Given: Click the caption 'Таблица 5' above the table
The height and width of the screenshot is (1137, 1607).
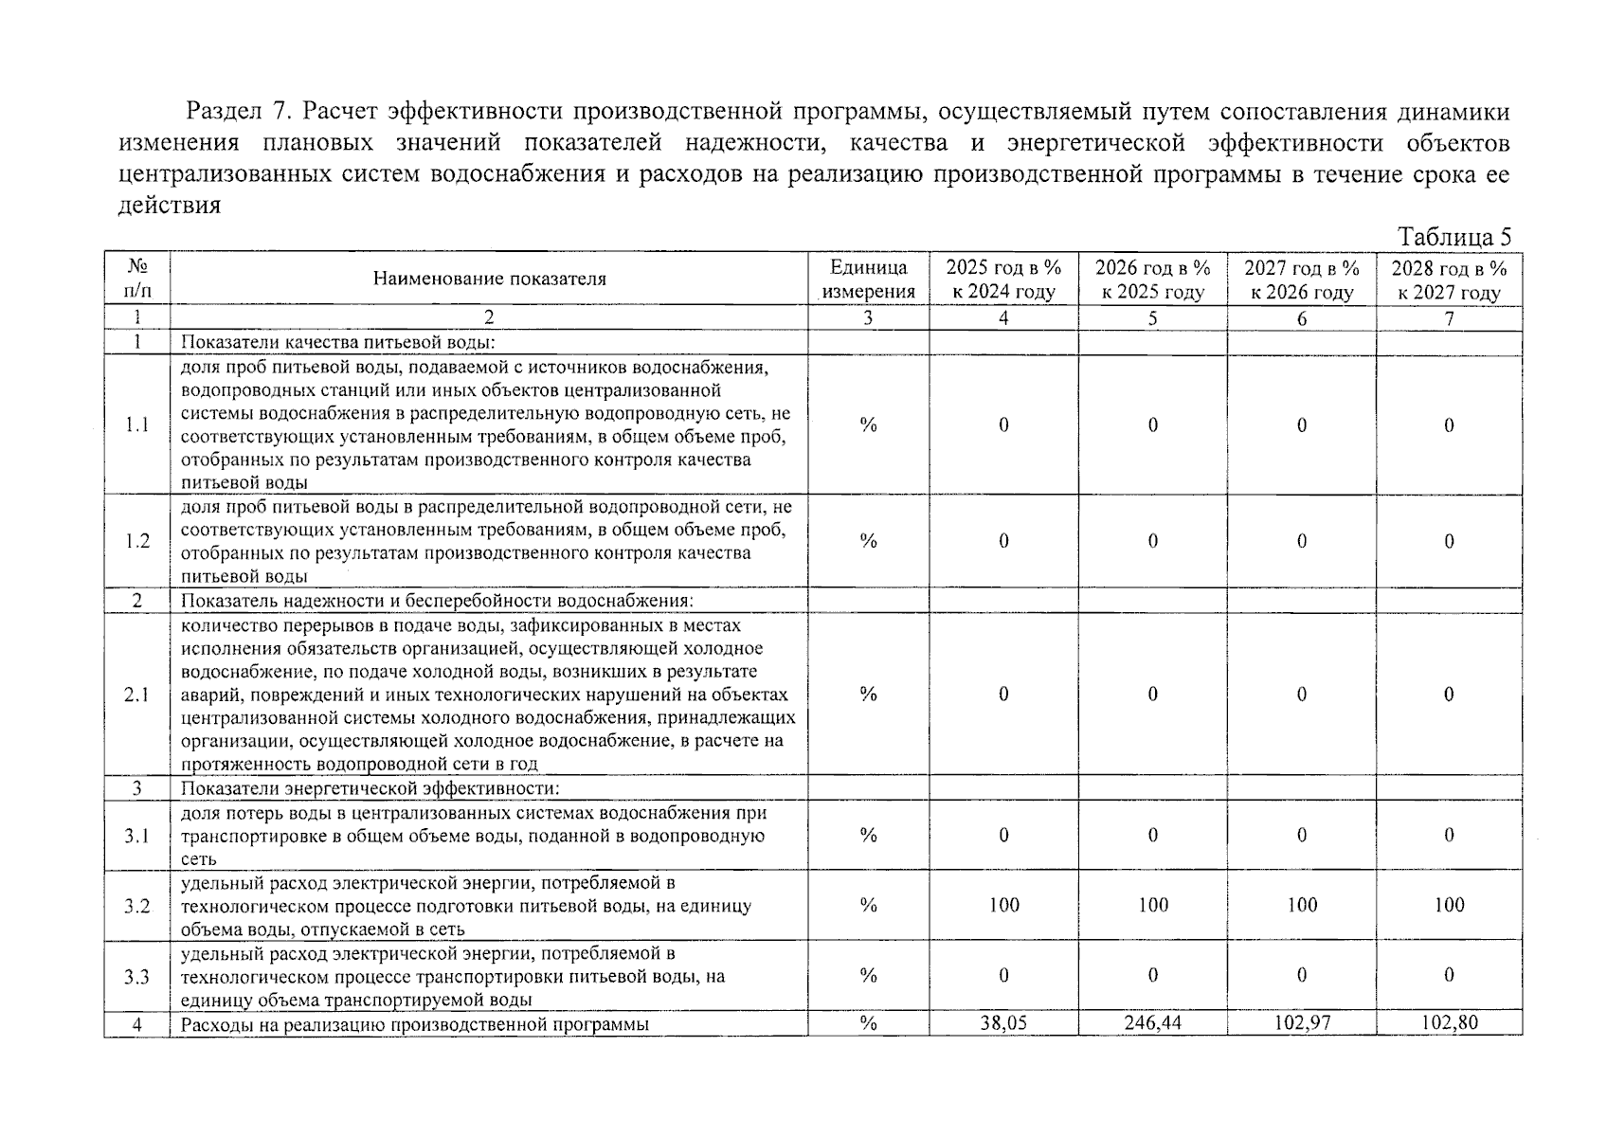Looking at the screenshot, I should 1454,237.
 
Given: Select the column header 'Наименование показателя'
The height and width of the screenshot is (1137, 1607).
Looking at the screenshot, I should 489,279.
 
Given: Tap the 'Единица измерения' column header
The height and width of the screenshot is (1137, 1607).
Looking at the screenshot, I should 868,280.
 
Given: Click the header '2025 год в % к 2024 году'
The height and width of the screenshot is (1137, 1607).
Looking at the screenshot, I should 1003,280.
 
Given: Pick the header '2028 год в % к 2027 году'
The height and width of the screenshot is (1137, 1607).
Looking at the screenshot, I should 1449,280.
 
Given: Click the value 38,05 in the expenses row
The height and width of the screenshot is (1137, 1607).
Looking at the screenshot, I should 1003,1023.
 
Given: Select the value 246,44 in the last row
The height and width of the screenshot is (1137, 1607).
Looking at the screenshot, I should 1152,1023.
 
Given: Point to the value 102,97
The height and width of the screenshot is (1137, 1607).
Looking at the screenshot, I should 1301,1023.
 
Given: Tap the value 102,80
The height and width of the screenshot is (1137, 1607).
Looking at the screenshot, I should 1449,1023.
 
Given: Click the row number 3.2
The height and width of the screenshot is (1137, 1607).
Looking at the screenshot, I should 136,906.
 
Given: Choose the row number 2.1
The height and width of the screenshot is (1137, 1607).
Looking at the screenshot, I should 136,695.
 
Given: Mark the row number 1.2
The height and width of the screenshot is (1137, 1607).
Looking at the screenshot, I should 136,541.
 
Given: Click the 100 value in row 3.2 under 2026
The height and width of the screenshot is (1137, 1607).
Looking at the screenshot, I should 1152,905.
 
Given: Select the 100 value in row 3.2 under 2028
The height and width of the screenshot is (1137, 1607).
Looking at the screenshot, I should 1449,905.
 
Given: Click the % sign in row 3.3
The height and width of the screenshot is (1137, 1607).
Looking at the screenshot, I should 868,975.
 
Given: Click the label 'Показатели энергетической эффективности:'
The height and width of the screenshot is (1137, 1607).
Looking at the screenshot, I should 370,788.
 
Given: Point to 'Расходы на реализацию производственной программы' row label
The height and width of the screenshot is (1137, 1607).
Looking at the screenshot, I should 415,1024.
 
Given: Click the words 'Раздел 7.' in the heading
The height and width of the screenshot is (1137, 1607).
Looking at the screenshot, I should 236,112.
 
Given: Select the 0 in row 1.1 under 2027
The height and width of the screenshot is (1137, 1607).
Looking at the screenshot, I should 1301,425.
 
